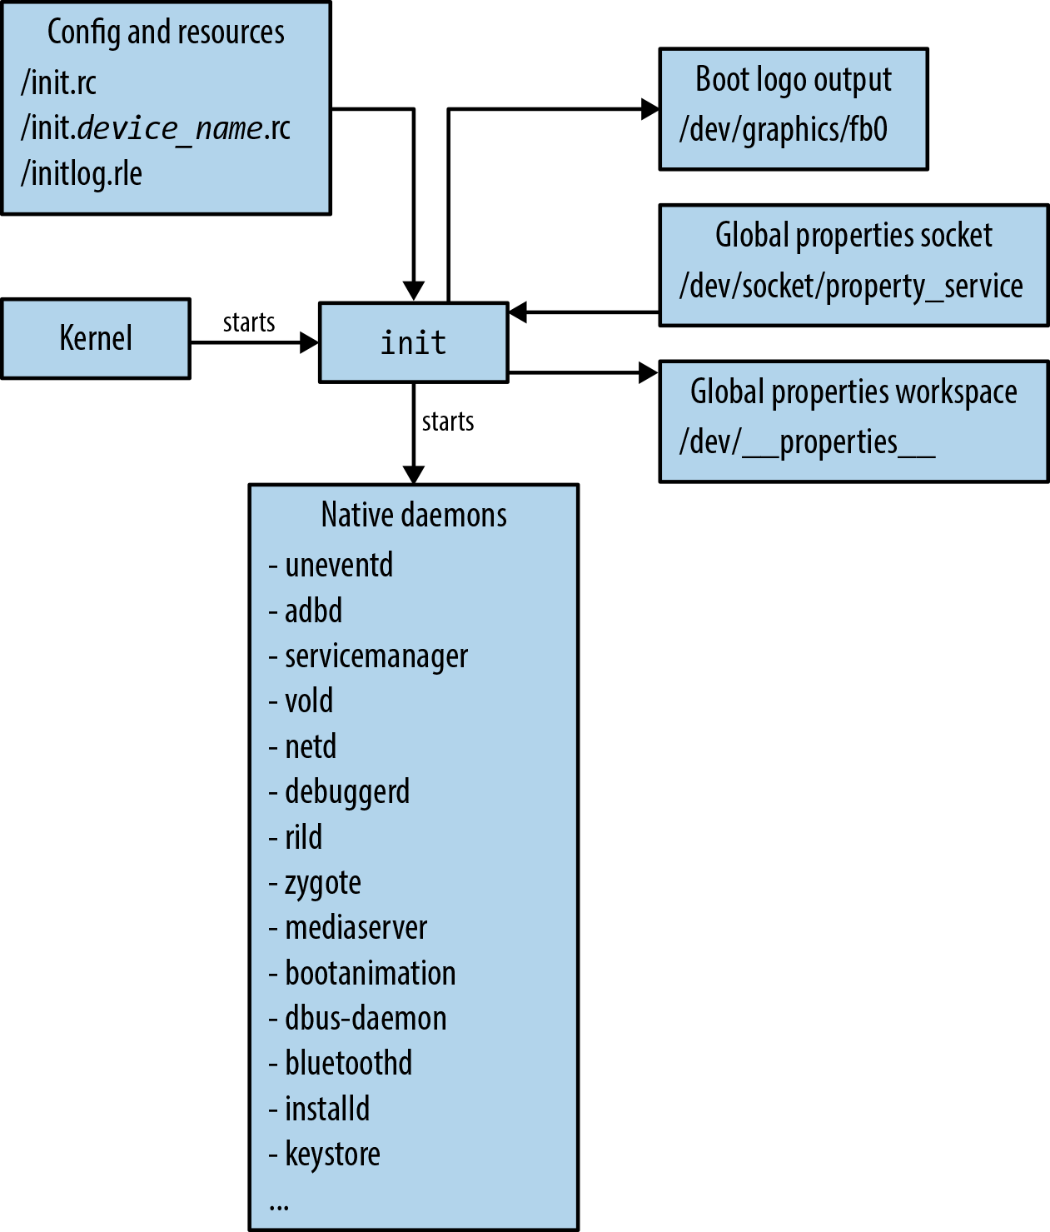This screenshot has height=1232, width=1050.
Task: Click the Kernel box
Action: (x=96, y=338)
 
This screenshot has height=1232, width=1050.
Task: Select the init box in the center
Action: (x=413, y=342)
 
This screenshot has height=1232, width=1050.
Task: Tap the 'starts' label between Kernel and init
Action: (x=248, y=322)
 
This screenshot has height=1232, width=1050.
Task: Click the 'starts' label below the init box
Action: (x=448, y=421)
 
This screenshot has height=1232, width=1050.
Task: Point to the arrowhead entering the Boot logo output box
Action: (x=649, y=108)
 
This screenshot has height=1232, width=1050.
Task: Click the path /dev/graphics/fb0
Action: (x=783, y=130)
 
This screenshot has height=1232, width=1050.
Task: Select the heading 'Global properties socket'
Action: (x=853, y=236)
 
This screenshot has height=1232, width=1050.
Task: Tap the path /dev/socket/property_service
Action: (x=851, y=286)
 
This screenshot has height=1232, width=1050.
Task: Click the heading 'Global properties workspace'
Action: (x=853, y=392)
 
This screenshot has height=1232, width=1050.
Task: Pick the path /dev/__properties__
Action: (x=807, y=441)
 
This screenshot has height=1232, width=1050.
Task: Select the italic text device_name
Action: (x=171, y=128)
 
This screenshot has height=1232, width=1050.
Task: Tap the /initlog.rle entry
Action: (x=82, y=173)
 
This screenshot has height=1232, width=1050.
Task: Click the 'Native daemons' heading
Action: (x=414, y=515)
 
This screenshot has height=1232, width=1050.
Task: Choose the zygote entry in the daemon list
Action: (x=322, y=883)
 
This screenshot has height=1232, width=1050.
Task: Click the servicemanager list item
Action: (x=376, y=656)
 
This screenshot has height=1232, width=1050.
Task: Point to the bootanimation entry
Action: (x=370, y=973)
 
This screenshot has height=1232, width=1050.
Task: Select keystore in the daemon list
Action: (x=332, y=1155)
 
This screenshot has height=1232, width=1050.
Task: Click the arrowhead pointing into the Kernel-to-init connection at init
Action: (x=309, y=342)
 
